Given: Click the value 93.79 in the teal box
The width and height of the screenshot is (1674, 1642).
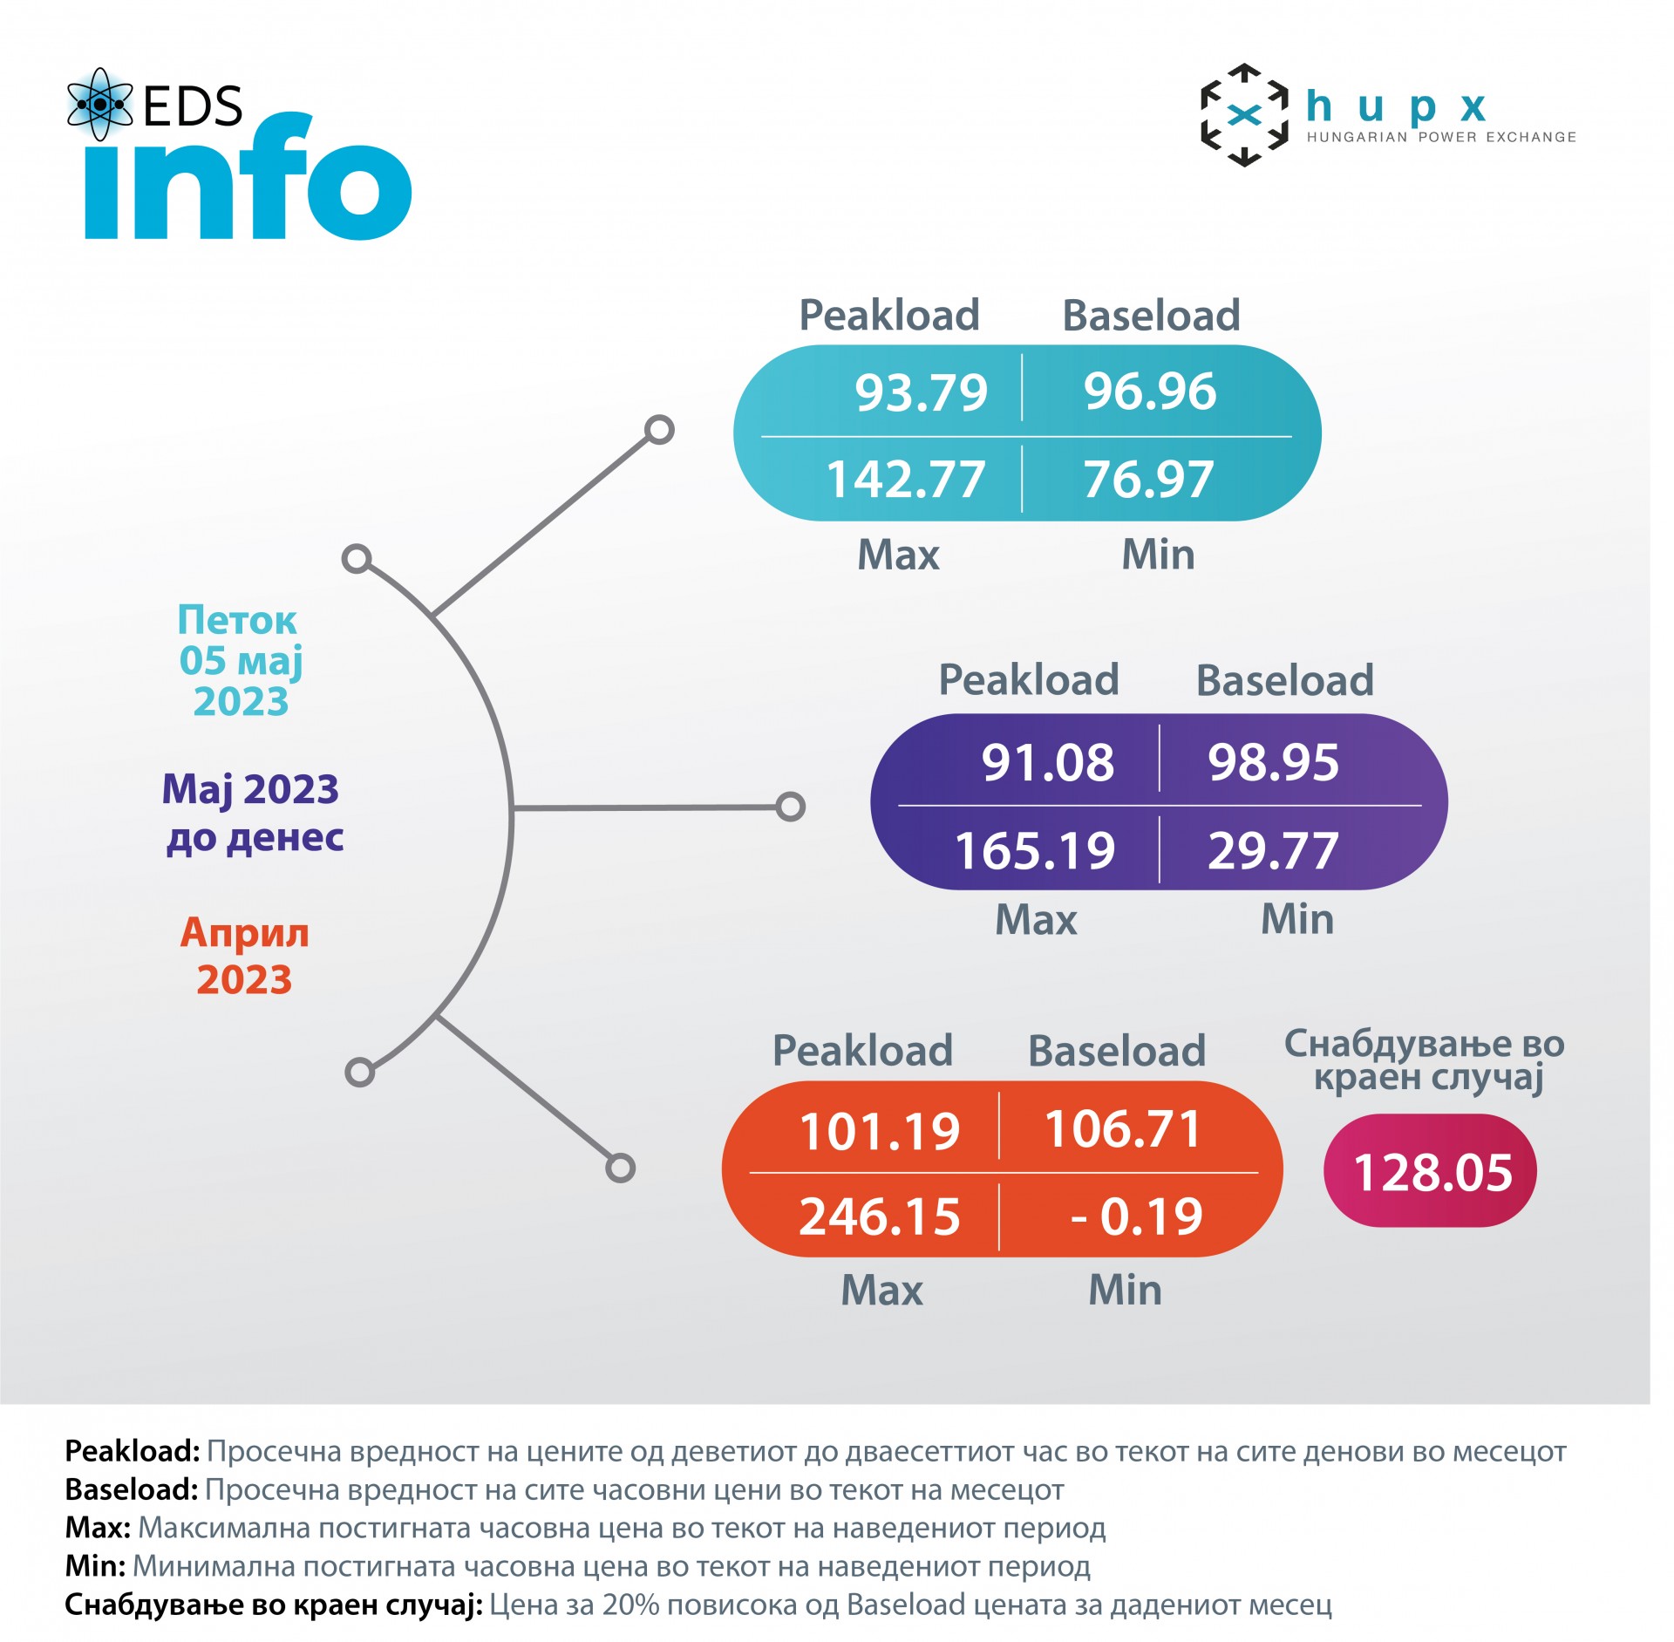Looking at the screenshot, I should (x=921, y=392).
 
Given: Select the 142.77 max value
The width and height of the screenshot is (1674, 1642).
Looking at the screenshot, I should (x=905, y=480).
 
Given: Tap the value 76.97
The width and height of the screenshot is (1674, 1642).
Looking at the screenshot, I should (x=1148, y=480).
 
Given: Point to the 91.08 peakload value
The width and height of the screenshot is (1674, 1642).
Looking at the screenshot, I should (x=1047, y=762).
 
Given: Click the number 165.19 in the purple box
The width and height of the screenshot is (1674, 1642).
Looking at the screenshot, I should (x=1035, y=850).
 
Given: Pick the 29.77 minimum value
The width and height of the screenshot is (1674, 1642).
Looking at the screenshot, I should (x=1273, y=850).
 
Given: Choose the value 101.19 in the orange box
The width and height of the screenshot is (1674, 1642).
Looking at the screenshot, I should (x=879, y=1131).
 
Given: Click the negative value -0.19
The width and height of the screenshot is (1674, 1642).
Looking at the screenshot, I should (x=1136, y=1216).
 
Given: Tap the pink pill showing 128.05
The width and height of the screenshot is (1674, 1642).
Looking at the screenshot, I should (x=1431, y=1171).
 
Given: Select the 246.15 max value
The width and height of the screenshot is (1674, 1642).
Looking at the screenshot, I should (x=879, y=1216).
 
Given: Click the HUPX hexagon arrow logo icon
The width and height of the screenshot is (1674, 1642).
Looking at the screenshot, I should (x=1244, y=115).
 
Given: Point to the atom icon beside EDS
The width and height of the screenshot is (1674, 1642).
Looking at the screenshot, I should (x=99, y=105).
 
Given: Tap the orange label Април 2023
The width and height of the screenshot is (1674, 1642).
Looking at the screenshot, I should (x=244, y=956).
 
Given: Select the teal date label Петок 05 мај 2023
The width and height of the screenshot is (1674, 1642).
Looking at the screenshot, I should (x=240, y=660).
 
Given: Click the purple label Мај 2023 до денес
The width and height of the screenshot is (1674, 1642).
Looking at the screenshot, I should (x=253, y=813).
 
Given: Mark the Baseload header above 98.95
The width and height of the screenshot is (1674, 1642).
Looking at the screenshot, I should (x=1284, y=680).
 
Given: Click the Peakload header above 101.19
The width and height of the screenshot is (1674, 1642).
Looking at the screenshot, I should (x=862, y=1050).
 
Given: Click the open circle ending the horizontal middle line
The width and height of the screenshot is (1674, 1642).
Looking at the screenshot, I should (x=790, y=807).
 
